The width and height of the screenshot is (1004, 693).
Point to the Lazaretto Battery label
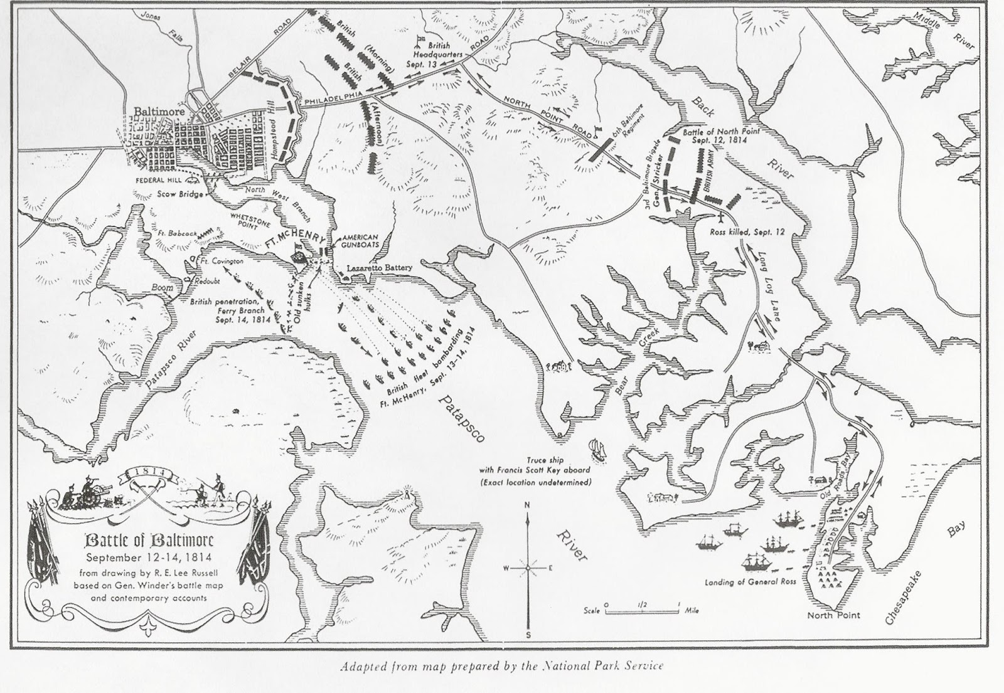point(380,268)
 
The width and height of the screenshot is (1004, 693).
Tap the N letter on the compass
point(527,505)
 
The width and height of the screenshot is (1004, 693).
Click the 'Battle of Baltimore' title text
point(149,540)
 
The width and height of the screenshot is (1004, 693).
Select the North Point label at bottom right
point(833,615)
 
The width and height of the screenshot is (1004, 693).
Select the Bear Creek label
point(636,366)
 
